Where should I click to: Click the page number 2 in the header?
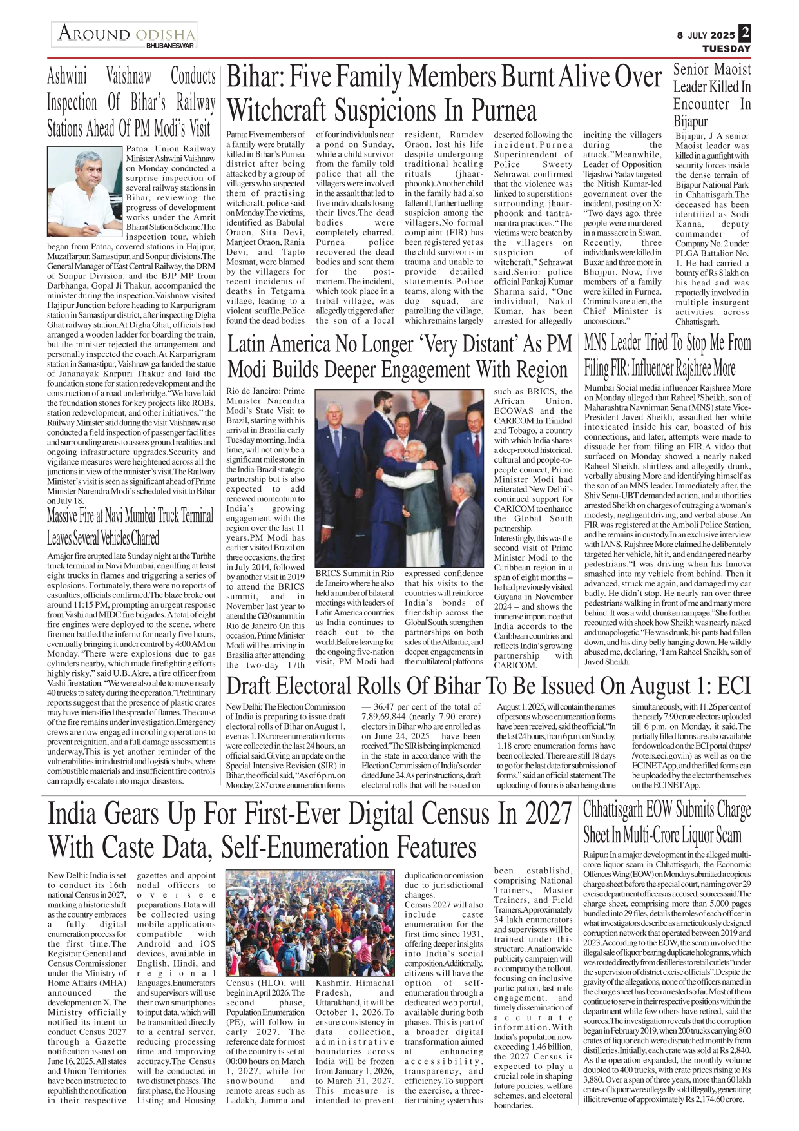[745, 33]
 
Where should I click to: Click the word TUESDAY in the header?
[726, 49]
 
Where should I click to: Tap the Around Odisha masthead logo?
[126, 34]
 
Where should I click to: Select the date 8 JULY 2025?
[706, 35]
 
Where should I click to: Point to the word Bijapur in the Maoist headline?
[690, 121]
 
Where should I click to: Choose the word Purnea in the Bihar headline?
[505, 110]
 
